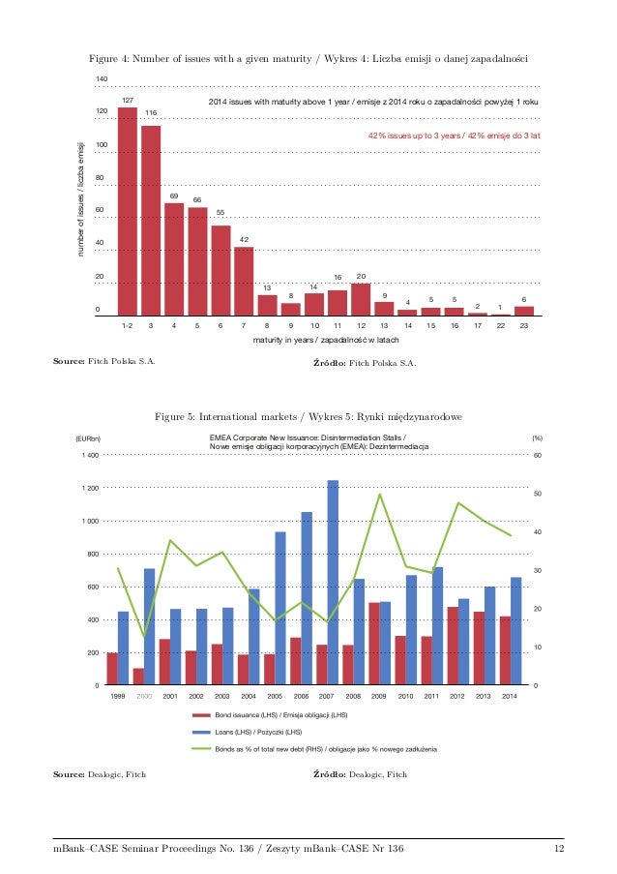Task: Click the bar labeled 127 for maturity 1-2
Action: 127,211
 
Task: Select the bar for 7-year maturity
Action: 244,281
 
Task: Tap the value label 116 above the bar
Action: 151,114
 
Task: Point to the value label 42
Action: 245,239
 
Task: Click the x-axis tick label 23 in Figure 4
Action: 523,326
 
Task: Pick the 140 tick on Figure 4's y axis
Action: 102,77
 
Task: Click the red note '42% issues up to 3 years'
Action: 454,136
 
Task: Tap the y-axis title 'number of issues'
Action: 83,199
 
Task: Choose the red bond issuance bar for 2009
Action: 373,644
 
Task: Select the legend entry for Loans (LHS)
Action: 258,731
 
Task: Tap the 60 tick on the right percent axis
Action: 538,455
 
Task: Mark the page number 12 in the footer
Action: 558,850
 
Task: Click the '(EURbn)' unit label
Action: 89,438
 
